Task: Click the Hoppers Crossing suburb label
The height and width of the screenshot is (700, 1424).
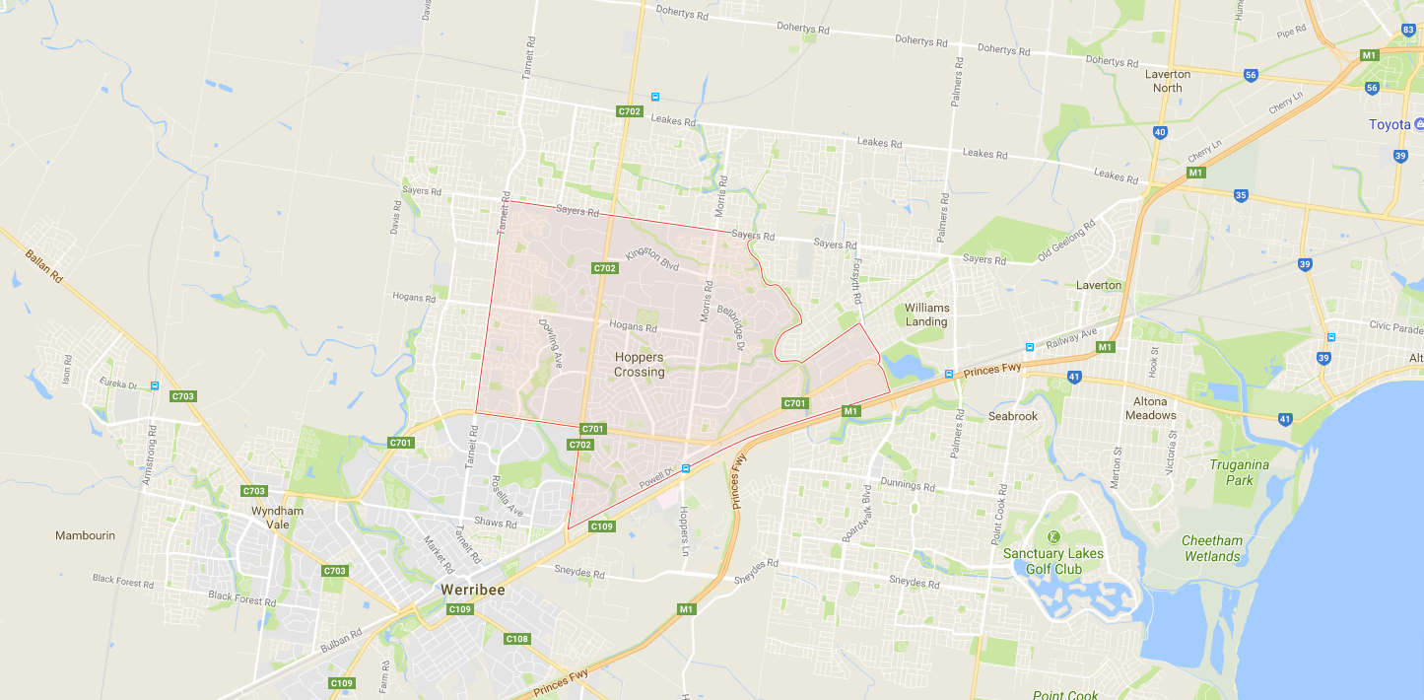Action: (x=640, y=365)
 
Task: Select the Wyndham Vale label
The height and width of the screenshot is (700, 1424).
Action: (x=277, y=518)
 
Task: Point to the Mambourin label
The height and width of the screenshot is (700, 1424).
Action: (x=85, y=535)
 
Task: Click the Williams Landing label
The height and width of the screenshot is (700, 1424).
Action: (x=926, y=315)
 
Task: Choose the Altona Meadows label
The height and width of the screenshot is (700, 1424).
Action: (x=1150, y=408)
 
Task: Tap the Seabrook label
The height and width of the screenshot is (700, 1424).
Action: (x=1013, y=416)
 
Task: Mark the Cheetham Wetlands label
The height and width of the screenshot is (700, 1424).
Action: (x=1212, y=548)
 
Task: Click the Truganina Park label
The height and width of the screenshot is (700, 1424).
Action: (x=1241, y=472)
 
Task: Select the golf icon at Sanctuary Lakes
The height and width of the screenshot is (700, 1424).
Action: (x=1053, y=536)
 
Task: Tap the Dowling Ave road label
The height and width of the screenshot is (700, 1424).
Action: (x=550, y=340)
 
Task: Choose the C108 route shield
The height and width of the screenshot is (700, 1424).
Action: (x=517, y=639)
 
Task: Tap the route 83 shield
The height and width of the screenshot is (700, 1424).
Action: (x=1408, y=30)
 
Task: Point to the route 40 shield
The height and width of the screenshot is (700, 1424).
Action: (x=1160, y=132)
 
